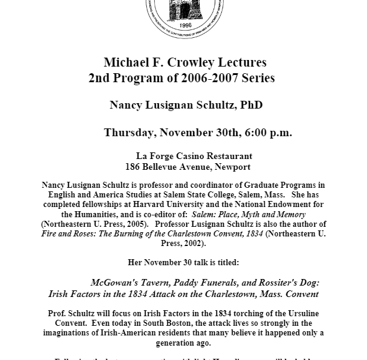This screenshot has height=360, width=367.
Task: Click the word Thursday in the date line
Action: pos(132,133)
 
